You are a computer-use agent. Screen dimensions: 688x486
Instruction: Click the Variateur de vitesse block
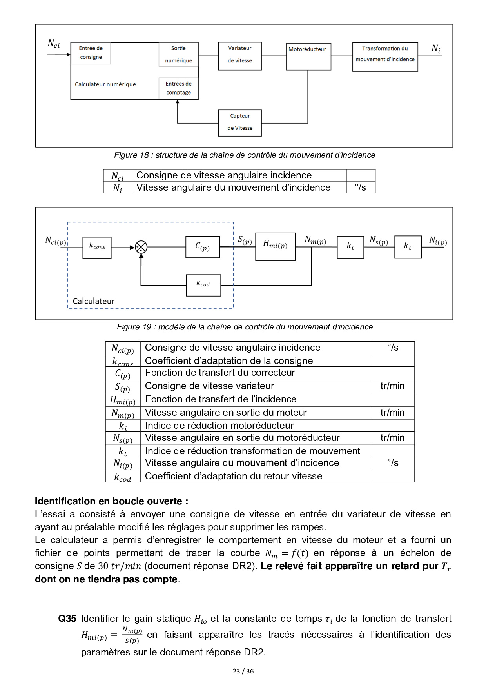[240, 56]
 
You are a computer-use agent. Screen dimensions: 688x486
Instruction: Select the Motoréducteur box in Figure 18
[308, 56]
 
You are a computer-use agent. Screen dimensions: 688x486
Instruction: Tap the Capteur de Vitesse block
[240, 123]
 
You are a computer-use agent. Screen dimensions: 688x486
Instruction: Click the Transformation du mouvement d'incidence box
[385, 56]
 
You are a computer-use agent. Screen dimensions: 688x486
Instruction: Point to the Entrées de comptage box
[178, 88]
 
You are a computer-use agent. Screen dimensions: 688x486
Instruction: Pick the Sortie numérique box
[178, 55]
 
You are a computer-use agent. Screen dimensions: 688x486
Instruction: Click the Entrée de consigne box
[91, 53]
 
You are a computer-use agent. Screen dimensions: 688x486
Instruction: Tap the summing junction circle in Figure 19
[141, 247]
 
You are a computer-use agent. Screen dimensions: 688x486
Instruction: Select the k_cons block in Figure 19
[97, 248]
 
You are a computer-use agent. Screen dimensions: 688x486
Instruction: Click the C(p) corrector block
[203, 247]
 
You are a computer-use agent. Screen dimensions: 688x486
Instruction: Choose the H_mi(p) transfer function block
[275, 246]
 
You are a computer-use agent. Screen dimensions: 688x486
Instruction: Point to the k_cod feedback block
[203, 285]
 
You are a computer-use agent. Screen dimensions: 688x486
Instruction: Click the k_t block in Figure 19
[408, 247]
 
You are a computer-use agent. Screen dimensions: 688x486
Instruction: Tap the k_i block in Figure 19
[350, 247]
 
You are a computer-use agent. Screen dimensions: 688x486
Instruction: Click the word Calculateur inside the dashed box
[94, 301]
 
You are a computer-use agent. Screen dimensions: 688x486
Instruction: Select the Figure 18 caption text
[244, 155]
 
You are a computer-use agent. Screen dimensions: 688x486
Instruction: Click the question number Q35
[67, 619]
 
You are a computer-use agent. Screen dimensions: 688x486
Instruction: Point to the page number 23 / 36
[243, 671]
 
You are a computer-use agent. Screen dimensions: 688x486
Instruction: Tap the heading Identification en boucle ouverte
[111, 501]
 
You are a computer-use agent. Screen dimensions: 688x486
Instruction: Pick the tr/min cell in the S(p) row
[392, 386]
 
